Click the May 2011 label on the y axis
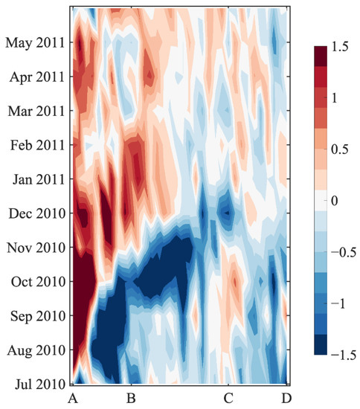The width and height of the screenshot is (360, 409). pyautogui.click(x=34, y=42)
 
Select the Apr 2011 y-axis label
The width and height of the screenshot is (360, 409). pyautogui.click(x=35, y=76)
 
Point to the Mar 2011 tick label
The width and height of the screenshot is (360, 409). pyautogui.click(x=34, y=110)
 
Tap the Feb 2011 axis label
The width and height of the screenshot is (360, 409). pyautogui.click(x=35, y=144)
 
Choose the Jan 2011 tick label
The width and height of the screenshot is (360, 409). pyautogui.click(x=35, y=178)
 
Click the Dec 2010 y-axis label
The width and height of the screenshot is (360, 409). pyautogui.click(x=35, y=213)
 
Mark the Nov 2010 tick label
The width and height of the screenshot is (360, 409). pyautogui.click(x=34, y=247)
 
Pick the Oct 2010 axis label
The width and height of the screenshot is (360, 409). pyautogui.click(x=35, y=281)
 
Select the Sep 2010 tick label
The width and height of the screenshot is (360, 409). pyautogui.click(x=35, y=315)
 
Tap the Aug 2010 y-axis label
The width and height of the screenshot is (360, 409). pyautogui.click(x=34, y=350)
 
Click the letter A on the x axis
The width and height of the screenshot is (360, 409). pyautogui.click(x=72, y=398)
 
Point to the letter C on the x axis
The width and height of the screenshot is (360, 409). pyautogui.click(x=228, y=398)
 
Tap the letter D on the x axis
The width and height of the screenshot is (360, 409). pyautogui.click(x=286, y=398)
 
